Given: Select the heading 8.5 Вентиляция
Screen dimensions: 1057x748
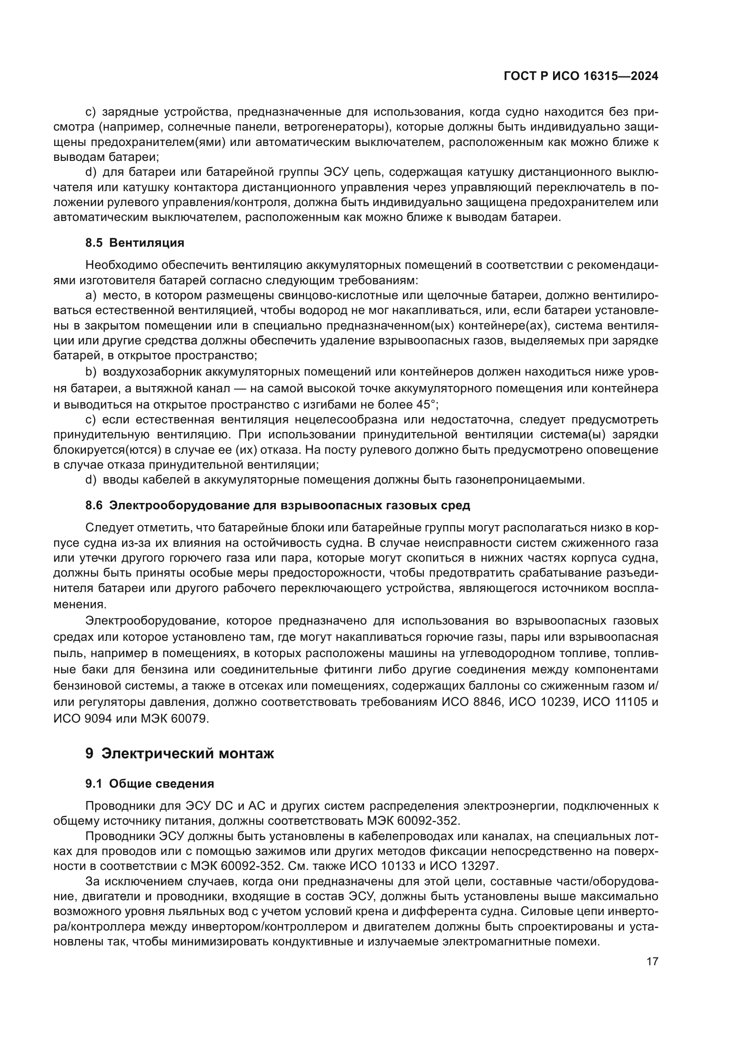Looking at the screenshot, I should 134,243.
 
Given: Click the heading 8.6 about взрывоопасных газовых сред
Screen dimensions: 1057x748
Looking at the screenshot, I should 278,505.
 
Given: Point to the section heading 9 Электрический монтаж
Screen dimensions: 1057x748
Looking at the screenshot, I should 180,754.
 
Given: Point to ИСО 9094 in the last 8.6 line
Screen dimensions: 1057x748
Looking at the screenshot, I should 82,718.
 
